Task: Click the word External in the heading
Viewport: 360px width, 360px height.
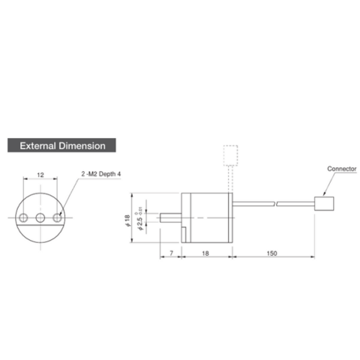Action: tap(40, 145)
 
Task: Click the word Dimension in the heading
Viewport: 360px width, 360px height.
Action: tap(85, 145)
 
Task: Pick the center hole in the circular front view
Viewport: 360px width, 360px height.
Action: tap(40, 217)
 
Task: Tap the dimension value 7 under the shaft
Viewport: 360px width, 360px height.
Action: tap(172, 254)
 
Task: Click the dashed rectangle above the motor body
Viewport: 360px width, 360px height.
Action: tap(230, 156)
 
